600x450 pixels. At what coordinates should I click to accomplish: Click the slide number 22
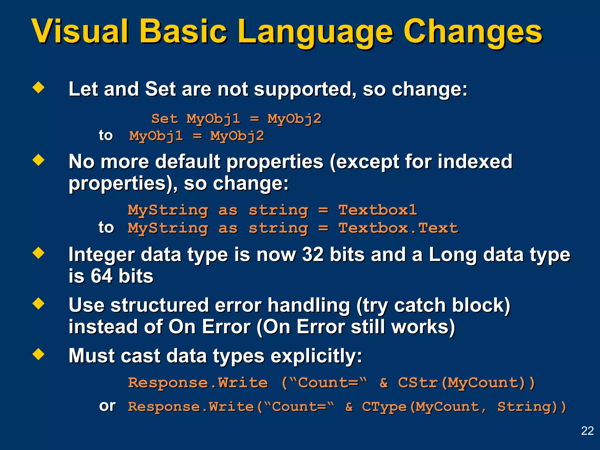(x=587, y=431)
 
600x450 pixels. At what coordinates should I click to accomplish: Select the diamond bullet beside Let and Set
(x=38, y=87)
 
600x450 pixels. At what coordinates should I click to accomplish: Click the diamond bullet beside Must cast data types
(x=38, y=354)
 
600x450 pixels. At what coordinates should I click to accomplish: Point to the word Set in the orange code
(x=164, y=119)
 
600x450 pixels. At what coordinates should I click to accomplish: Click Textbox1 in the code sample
(x=377, y=210)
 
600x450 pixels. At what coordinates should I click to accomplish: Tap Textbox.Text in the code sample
(x=398, y=228)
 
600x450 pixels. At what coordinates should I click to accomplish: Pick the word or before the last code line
(x=107, y=406)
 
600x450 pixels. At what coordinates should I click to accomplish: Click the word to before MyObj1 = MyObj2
(x=105, y=135)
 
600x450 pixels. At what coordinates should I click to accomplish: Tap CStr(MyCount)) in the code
(x=466, y=383)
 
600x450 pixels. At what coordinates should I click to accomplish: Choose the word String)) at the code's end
(x=531, y=407)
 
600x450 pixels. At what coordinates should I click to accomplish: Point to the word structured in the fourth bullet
(x=159, y=305)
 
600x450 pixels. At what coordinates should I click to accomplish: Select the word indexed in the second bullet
(x=475, y=161)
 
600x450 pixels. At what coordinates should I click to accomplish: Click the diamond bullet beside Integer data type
(x=38, y=253)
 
